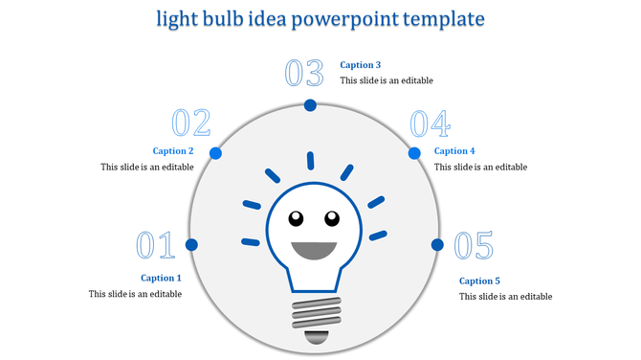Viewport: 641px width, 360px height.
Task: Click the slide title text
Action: pos(320,19)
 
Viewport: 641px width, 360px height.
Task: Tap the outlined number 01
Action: pos(154,245)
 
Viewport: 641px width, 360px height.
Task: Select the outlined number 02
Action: pos(190,124)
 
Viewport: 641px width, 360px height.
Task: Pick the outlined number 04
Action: pos(430,124)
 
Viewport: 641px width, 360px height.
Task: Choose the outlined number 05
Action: pos(474,246)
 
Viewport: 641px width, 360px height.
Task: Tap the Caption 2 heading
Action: pos(173,151)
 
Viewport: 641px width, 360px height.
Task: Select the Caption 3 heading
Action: pos(361,65)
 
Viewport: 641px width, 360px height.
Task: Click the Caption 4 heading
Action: pos(454,151)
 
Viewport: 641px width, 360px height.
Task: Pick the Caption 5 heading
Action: pos(479,281)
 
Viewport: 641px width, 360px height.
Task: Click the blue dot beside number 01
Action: pos(191,245)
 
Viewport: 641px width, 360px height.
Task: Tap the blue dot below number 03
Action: pos(310,105)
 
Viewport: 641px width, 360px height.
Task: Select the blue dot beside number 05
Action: pos(437,245)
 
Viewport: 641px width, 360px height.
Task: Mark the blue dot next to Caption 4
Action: pos(415,153)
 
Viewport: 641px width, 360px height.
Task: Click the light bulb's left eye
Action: pos(296,217)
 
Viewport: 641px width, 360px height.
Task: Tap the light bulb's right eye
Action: pos(331,217)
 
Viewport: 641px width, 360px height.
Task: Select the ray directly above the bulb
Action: pos(310,161)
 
